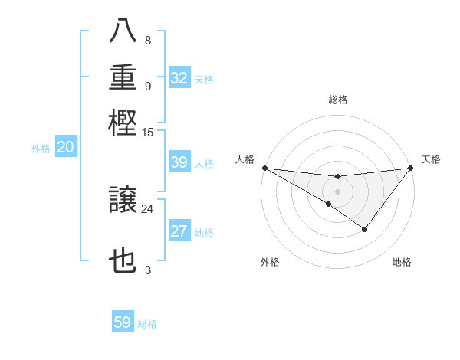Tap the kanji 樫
tap(123, 122)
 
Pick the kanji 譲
tap(123, 201)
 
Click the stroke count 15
tap(148, 132)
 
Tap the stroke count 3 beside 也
tap(148, 269)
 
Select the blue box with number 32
tap(179, 78)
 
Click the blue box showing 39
tap(179, 162)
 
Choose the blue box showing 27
tap(179, 232)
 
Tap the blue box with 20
tap(65, 149)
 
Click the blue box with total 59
tap(123, 322)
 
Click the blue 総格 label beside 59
tap(148, 324)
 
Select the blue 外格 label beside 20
tap(41, 149)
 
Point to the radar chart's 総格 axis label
tap(338, 100)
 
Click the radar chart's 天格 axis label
tap(432, 159)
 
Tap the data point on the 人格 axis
tap(264, 167)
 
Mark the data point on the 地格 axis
tap(365, 229)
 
